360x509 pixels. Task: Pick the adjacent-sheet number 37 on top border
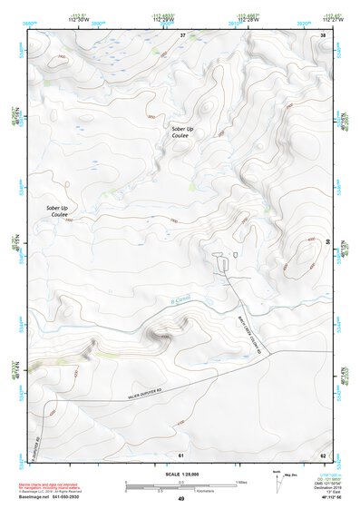coord(181,35)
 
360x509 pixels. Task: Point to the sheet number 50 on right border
coord(328,243)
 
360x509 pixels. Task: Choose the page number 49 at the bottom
coord(180,499)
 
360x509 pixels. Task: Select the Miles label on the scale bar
coord(241,482)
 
